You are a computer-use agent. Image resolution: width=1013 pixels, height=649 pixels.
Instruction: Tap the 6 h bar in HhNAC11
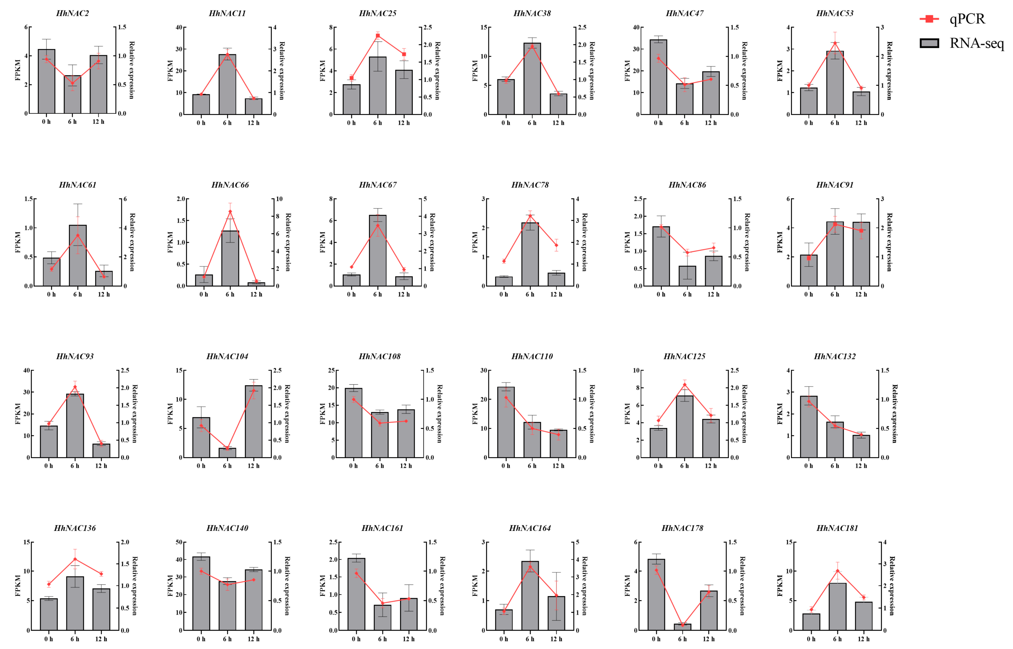227,84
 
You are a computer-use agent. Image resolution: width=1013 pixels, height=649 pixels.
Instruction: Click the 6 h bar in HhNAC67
377,251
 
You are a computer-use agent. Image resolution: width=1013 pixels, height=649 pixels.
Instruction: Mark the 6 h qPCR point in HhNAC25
377,36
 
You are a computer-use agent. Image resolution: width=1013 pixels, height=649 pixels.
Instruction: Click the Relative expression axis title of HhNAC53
889,70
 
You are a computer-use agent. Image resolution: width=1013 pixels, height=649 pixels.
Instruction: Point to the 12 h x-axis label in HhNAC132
861,466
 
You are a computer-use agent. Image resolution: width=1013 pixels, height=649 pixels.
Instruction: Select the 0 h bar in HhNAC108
353,423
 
